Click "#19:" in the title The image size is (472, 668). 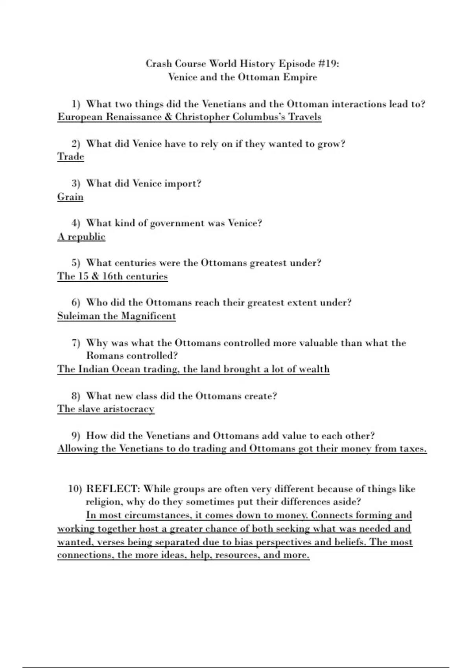tap(328, 64)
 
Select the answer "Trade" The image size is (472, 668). tap(71, 156)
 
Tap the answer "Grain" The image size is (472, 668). tap(70, 196)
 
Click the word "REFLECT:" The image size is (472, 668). tap(113, 489)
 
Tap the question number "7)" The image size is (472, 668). tap(76, 343)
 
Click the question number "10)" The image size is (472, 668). tap(75, 489)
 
